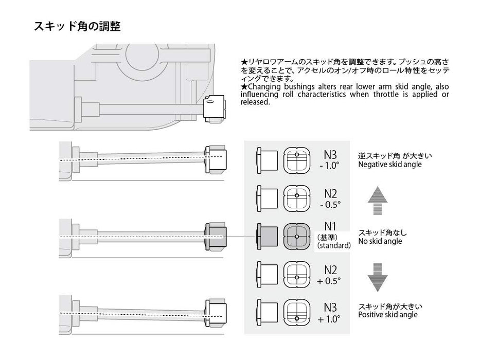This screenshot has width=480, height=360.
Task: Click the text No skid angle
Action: (x=380, y=241)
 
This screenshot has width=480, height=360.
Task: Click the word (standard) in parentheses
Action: (x=334, y=246)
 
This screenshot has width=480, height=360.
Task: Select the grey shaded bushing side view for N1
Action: (x=266, y=236)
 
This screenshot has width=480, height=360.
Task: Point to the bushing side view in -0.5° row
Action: (x=266, y=197)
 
